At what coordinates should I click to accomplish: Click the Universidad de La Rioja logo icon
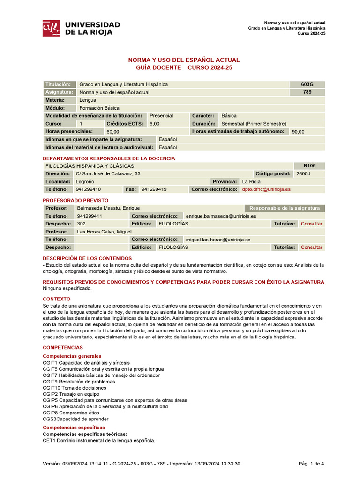pos(51,28)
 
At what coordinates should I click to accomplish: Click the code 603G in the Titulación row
pos(307,84)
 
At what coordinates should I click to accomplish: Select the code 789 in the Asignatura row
pos(307,92)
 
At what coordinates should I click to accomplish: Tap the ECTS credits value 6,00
pos(154,124)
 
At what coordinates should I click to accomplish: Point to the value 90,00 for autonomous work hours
pos(298,132)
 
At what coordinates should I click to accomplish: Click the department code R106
pos(309,166)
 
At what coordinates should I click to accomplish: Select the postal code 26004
pos(303,174)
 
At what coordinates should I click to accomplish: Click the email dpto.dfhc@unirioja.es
pos(266,189)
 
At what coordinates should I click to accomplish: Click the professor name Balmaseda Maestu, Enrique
pos(108,208)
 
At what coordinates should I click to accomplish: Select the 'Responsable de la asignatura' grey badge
pos(284,208)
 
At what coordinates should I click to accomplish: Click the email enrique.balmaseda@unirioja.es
pos(221,216)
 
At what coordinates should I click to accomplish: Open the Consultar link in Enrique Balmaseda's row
pos(311,224)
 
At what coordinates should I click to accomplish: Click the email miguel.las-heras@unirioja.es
pos(218,240)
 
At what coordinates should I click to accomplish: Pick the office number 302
pos(82,224)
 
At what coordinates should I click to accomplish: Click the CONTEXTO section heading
pos(57,299)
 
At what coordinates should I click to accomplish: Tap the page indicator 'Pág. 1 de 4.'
pos(312,464)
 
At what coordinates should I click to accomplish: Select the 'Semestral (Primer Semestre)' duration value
pos(254,124)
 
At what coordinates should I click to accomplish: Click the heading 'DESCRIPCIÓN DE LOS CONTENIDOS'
pos(87,258)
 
